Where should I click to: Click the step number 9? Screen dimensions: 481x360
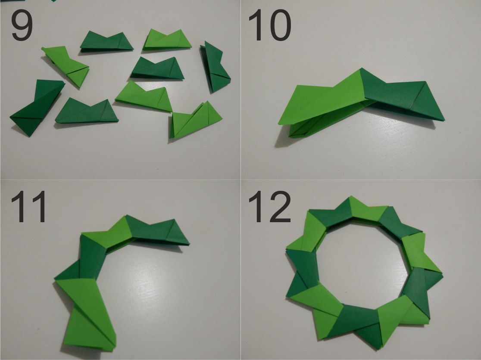pyautogui.click(x=22, y=25)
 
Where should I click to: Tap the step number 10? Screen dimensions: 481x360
pyautogui.click(x=270, y=25)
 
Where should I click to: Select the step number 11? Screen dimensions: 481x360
pyautogui.click(x=28, y=207)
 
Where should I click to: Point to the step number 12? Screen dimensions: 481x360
pyautogui.click(x=270, y=207)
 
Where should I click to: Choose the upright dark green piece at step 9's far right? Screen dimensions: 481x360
pyautogui.click(x=215, y=68)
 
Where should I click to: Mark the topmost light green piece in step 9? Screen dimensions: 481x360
pyautogui.click(x=167, y=39)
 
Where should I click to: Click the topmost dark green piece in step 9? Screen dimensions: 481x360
pyautogui.click(x=106, y=41)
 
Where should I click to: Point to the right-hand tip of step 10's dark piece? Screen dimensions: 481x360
pyautogui.click(x=444, y=119)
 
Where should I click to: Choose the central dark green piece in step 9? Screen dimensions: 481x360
pyautogui.click(x=157, y=68)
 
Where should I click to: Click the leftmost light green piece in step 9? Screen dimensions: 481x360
pyautogui.click(x=66, y=65)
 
